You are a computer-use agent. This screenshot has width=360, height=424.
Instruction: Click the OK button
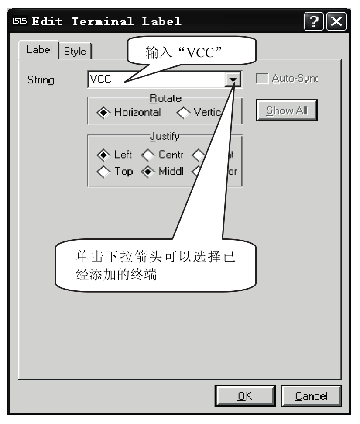pos(245,396)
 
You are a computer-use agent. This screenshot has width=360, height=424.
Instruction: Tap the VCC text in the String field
pos(99,79)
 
